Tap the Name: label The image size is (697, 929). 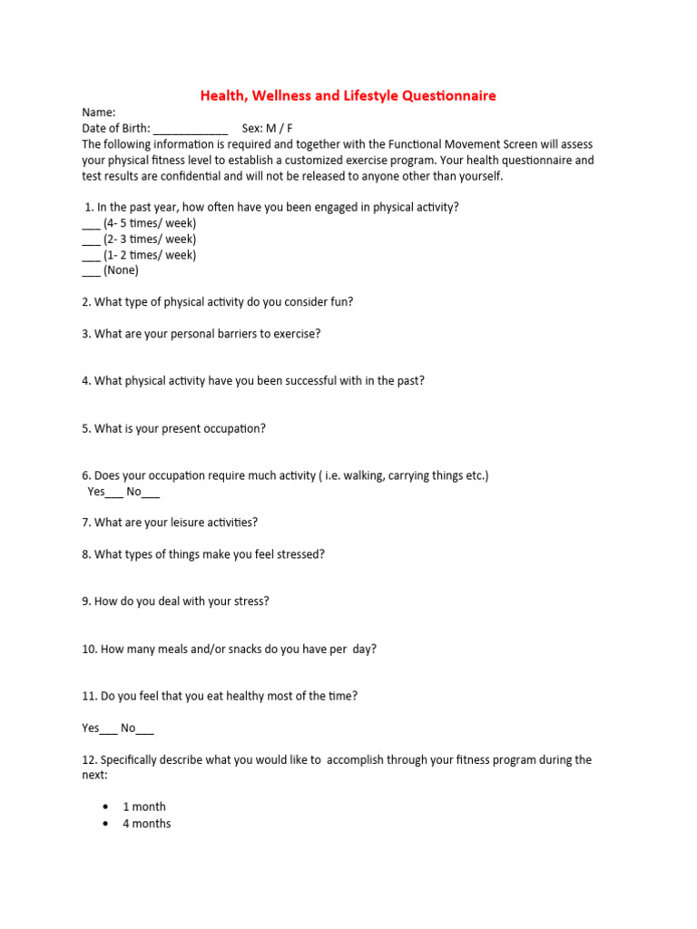click(x=99, y=112)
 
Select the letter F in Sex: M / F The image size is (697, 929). click(x=290, y=128)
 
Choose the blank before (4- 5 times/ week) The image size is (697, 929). click(x=91, y=224)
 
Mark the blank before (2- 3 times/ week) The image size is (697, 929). click(x=91, y=240)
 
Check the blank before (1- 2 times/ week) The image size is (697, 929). click(x=91, y=256)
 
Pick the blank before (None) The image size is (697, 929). click(x=91, y=271)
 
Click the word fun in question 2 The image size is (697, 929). click(x=342, y=301)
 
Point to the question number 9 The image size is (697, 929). click(x=86, y=601)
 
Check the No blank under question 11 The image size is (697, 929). click(x=145, y=729)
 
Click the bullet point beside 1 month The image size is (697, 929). click(x=107, y=807)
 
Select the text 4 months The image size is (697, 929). click(x=146, y=824)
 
